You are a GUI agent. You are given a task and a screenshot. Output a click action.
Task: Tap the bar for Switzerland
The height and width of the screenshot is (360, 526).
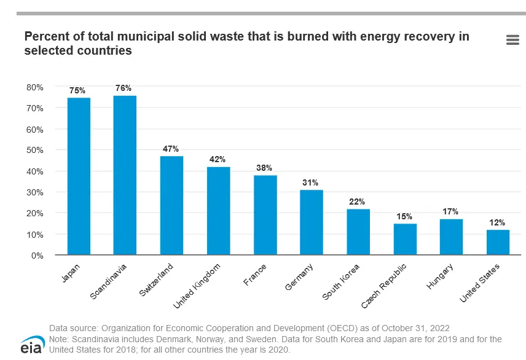click(171, 206)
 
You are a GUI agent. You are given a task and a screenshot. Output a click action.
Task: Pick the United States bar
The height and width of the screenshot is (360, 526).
click(498, 243)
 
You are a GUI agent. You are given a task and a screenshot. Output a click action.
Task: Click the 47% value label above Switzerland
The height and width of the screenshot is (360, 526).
click(171, 149)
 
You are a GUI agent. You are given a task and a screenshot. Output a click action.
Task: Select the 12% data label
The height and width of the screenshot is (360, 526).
click(497, 222)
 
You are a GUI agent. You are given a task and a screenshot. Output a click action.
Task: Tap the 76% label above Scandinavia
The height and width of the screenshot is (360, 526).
click(124, 88)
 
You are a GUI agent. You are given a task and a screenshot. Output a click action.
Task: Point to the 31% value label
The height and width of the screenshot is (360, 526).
click(310, 182)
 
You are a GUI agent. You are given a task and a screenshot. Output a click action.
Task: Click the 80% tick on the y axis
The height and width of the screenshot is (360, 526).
click(35, 87)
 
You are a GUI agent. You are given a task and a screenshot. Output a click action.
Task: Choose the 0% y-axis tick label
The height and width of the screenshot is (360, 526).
click(37, 256)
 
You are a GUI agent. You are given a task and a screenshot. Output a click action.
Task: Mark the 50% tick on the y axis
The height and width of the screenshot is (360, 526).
click(35, 151)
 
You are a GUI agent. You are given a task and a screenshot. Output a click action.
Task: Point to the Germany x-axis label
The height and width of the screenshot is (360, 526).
click(300, 278)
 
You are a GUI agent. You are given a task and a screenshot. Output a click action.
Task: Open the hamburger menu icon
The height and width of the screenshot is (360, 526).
click(512, 40)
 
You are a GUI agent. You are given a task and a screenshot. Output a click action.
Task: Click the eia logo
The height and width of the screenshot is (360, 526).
click(31, 345)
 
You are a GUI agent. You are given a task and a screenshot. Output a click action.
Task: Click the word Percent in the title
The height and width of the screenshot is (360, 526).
click(45, 37)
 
